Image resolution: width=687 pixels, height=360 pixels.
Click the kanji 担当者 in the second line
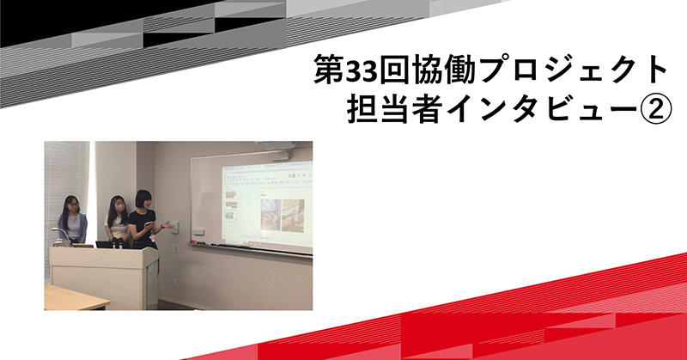click(x=393, y=109)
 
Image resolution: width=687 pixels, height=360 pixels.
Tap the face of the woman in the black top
click(x=144, y=202)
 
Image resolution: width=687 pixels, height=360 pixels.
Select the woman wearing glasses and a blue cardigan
click(x=71, y=219)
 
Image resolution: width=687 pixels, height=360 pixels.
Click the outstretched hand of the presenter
click(x=168, y=225)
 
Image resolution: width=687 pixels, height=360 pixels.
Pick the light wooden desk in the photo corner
click(x=75, y=297)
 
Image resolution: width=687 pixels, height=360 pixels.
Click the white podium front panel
click(x=103, y=278)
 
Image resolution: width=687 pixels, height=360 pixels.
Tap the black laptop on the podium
click(x=106, y=245)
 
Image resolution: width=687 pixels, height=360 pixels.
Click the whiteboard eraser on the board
click(x=198, y=231)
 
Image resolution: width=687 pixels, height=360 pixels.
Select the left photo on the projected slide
click(x=271, y=215)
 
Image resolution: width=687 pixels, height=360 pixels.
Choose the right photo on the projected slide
click(x=293, y=215)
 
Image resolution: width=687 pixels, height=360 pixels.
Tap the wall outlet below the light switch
click(x=176, y=248)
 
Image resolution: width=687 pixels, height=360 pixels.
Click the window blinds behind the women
click(x=66, y=184)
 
